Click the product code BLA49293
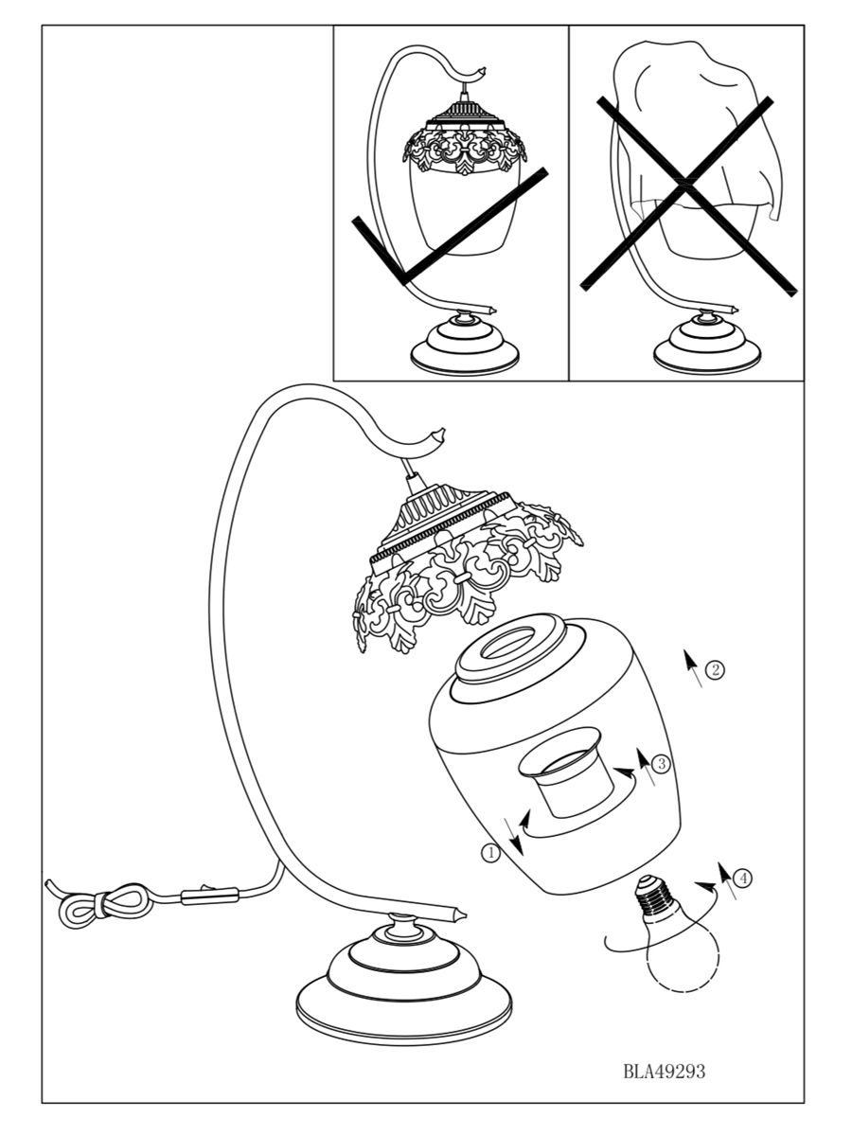click(664, 1072)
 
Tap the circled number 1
click(490, 853)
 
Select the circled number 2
click(716, 670)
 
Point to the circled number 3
click(661, 764)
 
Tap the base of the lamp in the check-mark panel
click(466, 346)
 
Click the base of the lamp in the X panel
click(707, 346)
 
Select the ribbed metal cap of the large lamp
click(437, 516)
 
